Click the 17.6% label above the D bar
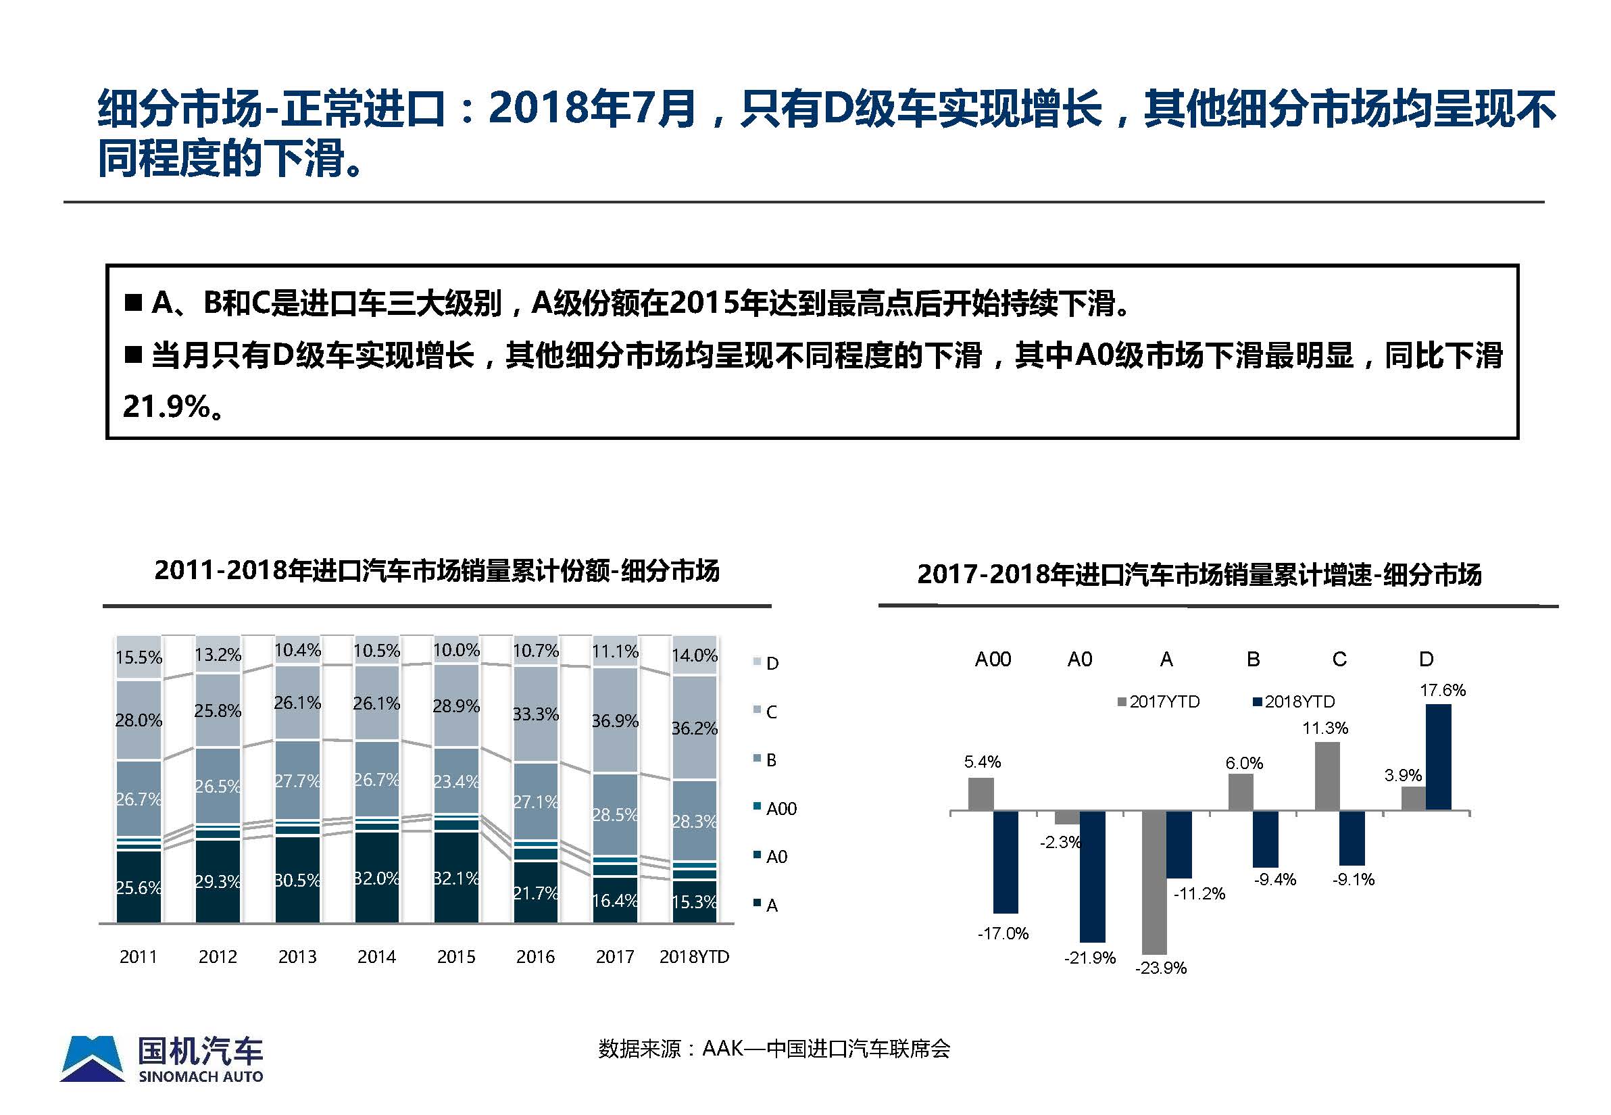pyautogui.click(x=1442, y=690)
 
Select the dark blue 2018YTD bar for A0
pyautogui.click(x=1092, y=876)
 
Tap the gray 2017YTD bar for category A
pyautogui.click(x=1154, y=882)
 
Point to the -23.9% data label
pyautogui.click(x=1160, y=968)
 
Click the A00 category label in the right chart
pyautogui.click(x=992, y=659)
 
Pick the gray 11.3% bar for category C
pyautogui.click(x=1327, y=776)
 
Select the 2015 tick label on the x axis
pyautogui.click(x=455, y=956)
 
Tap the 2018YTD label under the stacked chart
pyautogui.click(x=694, y=956)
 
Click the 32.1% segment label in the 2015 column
pyautogui.click(x=456, y=878)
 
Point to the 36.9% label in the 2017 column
pyautogui.click(x=615, y=720)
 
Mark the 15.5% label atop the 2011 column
pyautogui.click(x=139, y=658)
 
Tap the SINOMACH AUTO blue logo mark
pyautogui.click(x=93, y=1058)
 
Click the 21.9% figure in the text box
pyautogui.click(x=166, y=407)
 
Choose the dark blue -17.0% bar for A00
pyautogui.click(x=1006, y=862)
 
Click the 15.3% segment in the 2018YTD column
pyautogui.click(x=694, y=902)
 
